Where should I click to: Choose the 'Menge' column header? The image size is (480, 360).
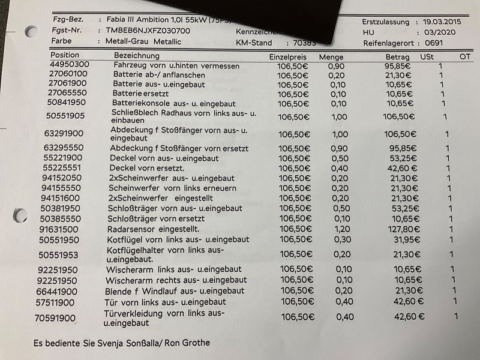click(x=331, y=56)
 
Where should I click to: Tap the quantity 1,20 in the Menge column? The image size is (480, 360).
click(x=338, y=229)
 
